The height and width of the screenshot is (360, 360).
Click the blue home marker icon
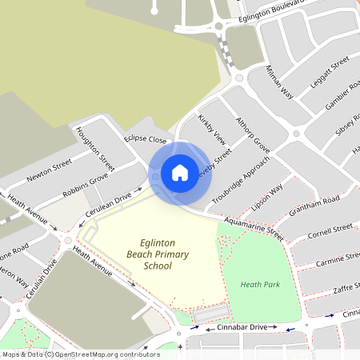(180, 173)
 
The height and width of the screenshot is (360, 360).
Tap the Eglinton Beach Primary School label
(157, 254)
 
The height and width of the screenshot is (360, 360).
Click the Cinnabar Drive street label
(236, 327)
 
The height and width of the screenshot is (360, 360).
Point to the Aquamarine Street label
(254, 228)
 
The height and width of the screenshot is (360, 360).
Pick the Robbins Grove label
(86, 185)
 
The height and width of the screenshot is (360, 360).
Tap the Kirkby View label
(212, 129)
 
